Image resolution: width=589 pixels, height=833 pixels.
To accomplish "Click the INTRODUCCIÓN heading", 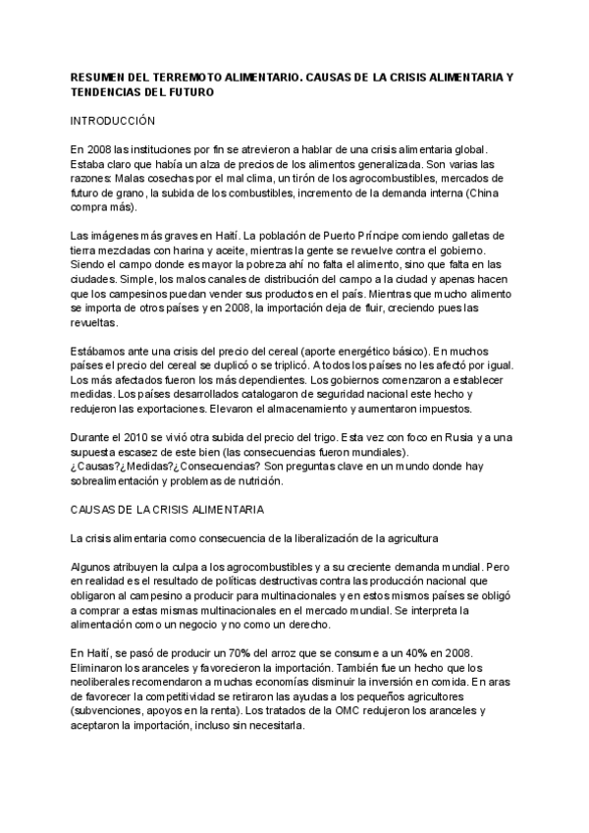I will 114,120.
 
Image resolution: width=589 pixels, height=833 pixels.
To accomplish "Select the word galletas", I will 480,236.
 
